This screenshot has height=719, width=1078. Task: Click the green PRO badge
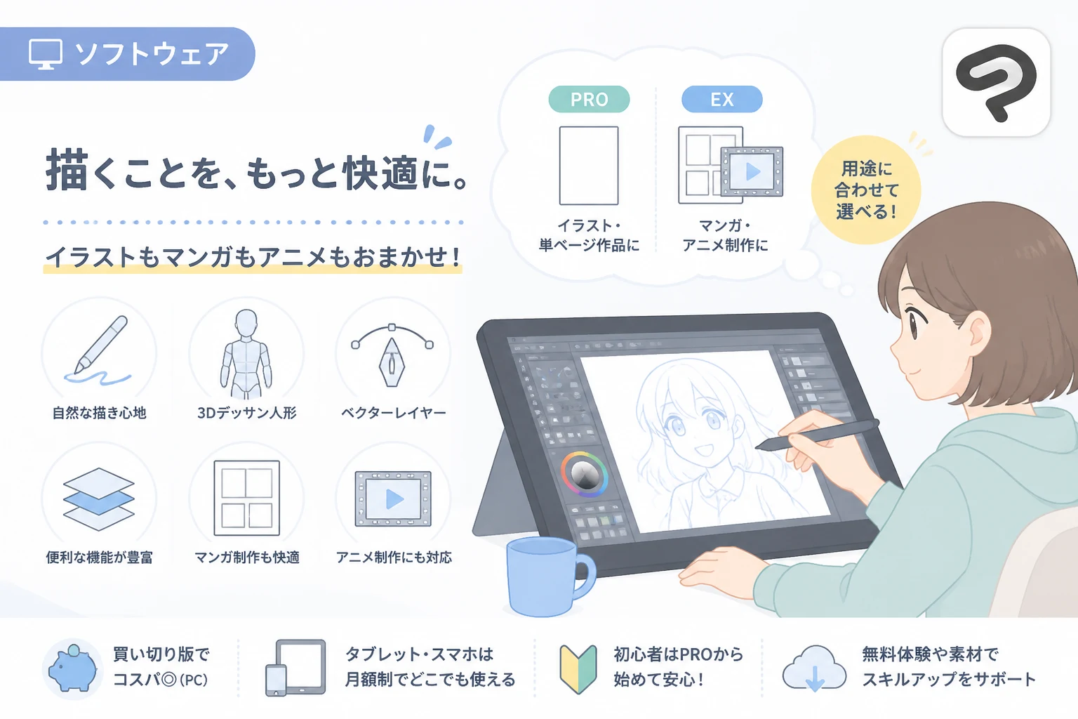[589, 99]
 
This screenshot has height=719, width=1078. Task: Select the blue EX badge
[722, 99]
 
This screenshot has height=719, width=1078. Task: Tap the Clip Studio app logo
[996, 82]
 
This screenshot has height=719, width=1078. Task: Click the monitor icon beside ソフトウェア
[45, 54]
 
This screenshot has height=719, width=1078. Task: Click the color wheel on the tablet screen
[584, 475]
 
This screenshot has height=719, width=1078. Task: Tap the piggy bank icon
[73, 668]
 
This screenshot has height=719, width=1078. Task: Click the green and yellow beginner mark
[578, 669]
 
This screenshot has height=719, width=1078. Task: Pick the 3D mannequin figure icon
[246, 354]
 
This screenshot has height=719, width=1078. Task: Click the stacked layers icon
[99, 499]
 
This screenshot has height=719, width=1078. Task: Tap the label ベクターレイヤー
[393, 413]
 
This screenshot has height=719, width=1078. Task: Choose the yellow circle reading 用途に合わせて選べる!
[866, 190]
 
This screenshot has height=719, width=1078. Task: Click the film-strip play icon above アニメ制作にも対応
[393, 499]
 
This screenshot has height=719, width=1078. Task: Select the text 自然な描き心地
[99, 413]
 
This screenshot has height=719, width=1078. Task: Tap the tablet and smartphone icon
[295, 668]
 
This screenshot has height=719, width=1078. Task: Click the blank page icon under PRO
[589, 166]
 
